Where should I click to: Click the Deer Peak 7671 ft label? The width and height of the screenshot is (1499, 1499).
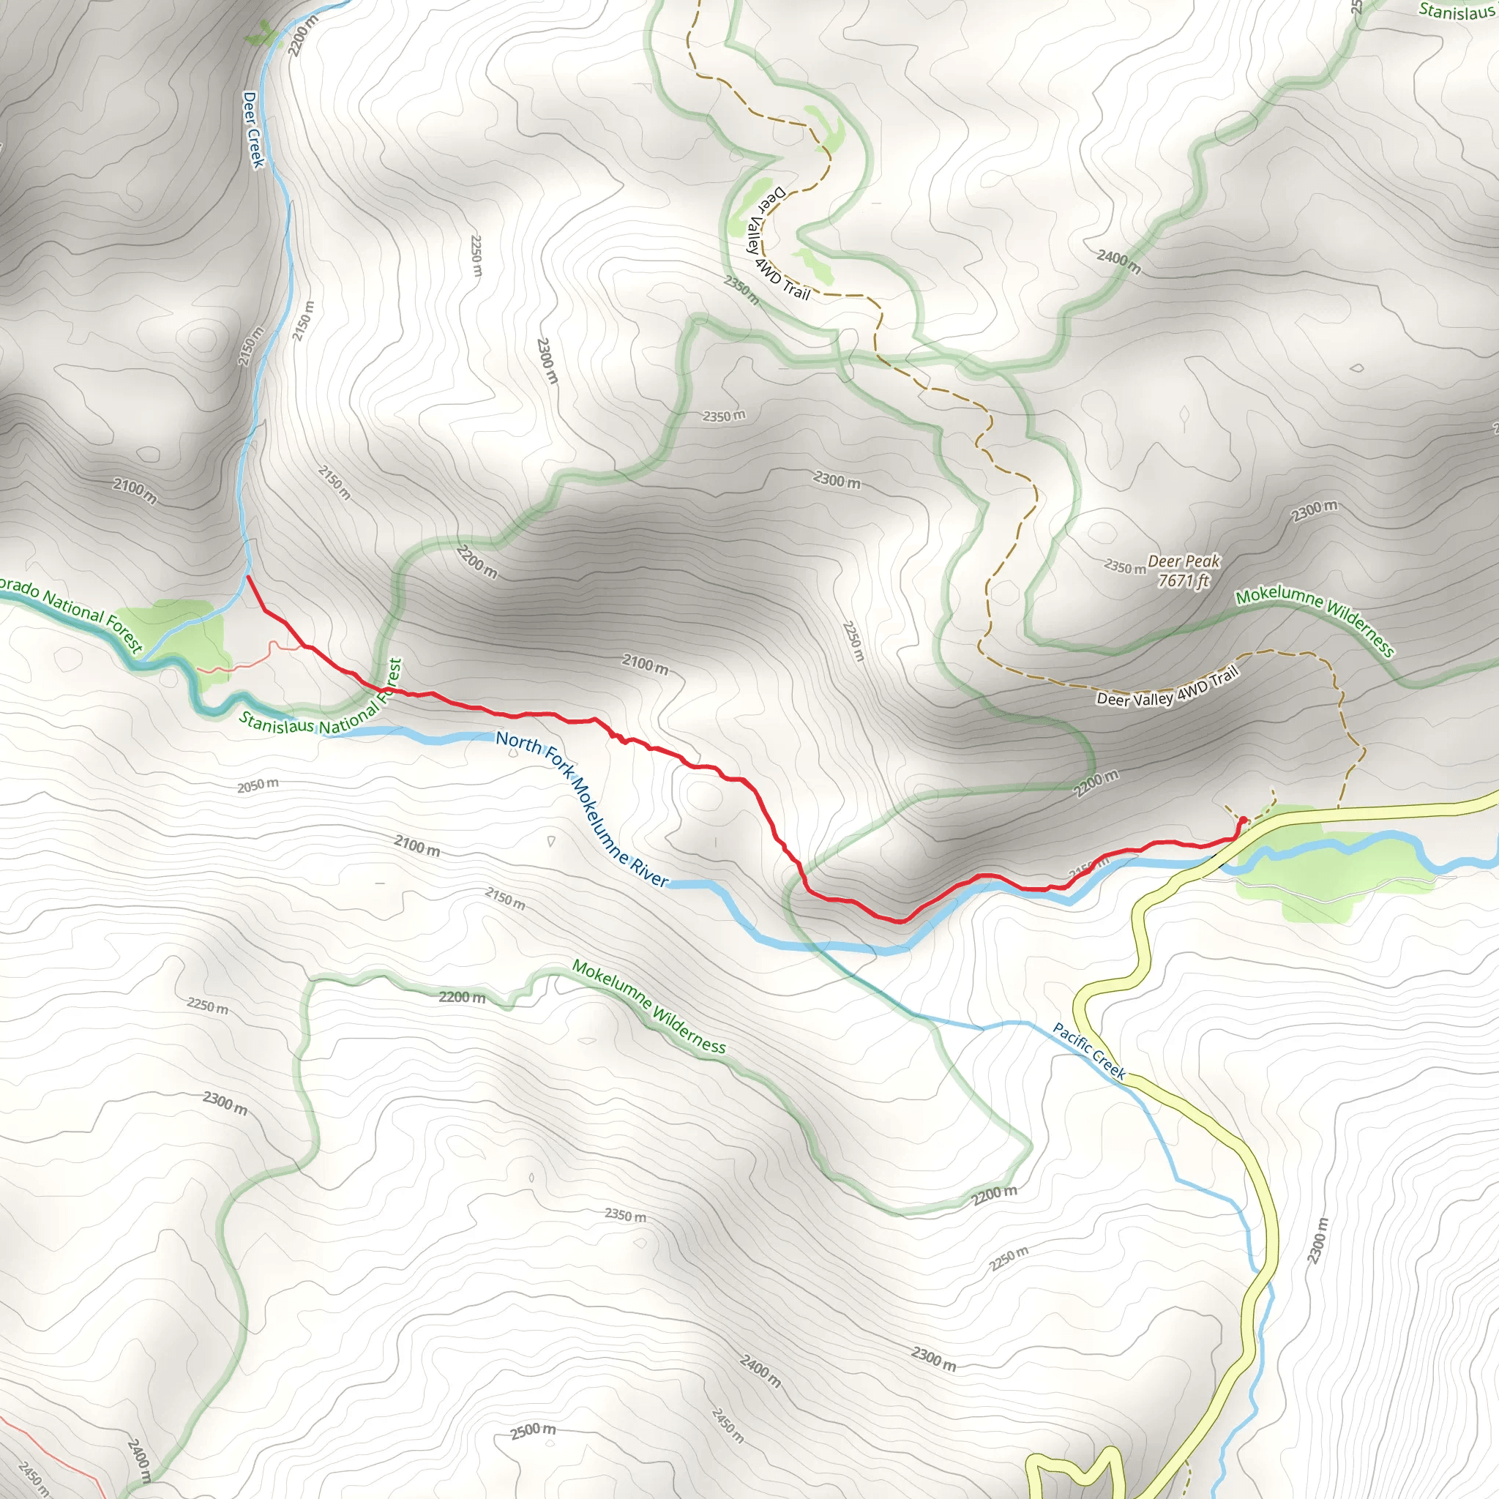[x=1183, y=571]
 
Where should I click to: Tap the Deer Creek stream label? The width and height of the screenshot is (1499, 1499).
[x=253, y=130]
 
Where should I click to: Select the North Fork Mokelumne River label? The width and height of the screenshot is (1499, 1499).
[x=581, y=809]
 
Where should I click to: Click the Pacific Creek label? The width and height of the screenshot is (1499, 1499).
[x=1088, y=1051]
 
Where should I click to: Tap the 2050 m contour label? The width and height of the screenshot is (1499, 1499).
[x=258, y=785]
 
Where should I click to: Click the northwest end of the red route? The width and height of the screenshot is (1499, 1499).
[x=247, y=577]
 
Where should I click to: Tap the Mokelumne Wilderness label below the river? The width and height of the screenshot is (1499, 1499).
[x=648, y=1007]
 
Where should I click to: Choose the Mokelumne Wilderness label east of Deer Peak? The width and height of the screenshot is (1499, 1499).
[x=1315, y=620]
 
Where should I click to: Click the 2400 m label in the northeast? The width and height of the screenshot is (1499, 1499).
[x=1118, y=261]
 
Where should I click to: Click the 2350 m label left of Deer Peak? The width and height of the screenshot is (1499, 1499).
[x=1124, y=567]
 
